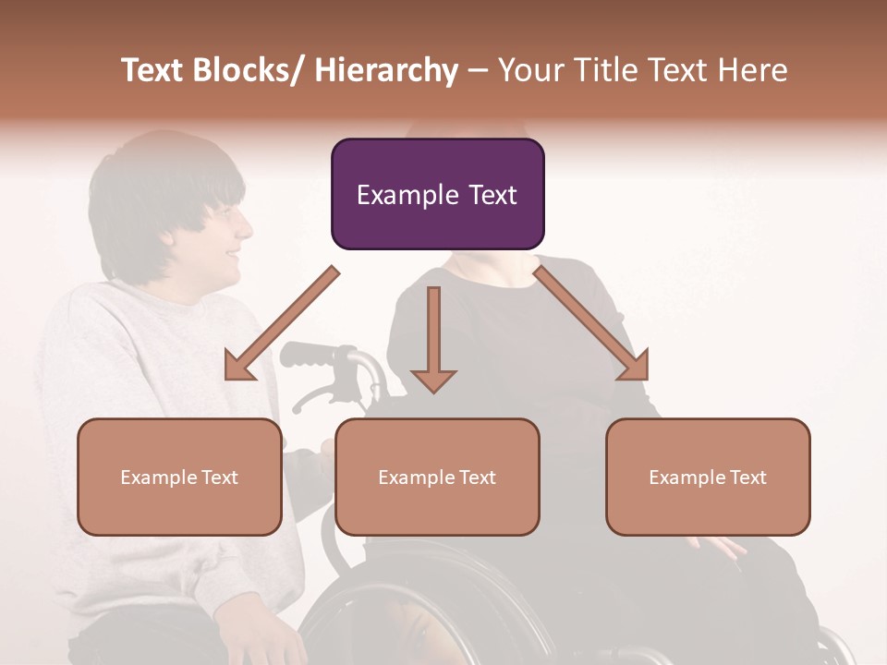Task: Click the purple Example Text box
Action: [437, 194]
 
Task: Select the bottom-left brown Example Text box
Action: [179, 477]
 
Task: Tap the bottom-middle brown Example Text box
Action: [437, 477]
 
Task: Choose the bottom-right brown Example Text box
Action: [708, 477]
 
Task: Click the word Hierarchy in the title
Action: [386, 70]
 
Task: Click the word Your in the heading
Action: [528, 70]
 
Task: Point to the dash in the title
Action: [478, 70]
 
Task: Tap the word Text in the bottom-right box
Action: [746, 477]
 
